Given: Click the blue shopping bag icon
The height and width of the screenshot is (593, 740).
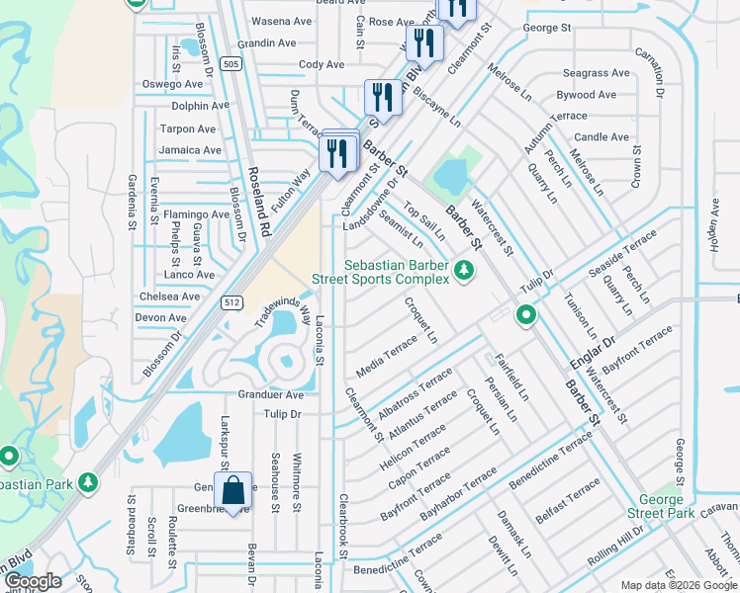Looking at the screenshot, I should tap(232, 490).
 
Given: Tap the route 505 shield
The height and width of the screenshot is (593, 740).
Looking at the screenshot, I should tap(231, 64).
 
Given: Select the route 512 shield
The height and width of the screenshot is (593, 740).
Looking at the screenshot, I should tap(231, 303).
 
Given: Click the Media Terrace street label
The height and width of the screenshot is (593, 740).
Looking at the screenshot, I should tap(387, 357).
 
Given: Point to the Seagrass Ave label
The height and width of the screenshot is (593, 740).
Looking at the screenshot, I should tap(596, 73).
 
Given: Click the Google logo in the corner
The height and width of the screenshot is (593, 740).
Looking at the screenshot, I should tap(33, 582).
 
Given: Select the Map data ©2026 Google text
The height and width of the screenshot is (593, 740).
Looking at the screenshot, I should tap(679, 585).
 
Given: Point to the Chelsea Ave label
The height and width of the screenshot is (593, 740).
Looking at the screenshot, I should tap(169, 296).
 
